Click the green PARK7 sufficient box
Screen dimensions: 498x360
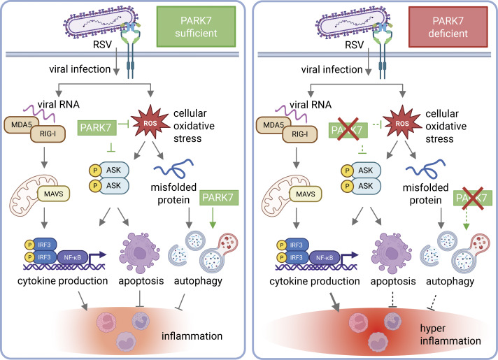point(196,27)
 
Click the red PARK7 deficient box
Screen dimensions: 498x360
point(448,27)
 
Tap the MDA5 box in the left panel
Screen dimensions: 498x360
point(21,124)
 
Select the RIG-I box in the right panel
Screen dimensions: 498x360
point(300,134)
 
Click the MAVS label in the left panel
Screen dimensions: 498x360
point(53,194)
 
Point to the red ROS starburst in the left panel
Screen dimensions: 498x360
point(150,122)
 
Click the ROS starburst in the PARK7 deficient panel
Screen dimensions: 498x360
point(402,123)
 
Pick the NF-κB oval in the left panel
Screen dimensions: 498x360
point(73,257)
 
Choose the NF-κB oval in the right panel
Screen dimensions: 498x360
point(325,257)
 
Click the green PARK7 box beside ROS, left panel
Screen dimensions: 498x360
point(96,128)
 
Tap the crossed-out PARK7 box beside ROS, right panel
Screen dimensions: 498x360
point(348,130)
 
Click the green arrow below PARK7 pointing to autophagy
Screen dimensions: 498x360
point(213,217)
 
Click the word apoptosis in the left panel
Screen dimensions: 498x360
point(141,280)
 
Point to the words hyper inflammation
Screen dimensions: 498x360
point(450,334)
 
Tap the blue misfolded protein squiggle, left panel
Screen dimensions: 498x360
point(173,168)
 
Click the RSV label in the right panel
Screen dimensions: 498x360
point(354,45)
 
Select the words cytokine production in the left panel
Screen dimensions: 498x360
point(62,280)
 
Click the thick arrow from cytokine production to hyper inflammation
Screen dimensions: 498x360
point(334,302)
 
